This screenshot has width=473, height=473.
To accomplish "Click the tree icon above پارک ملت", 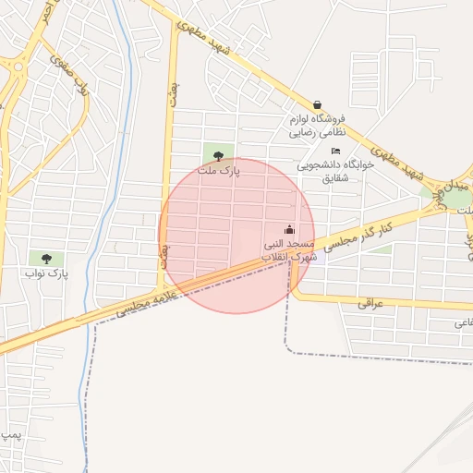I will pyautogui.click(x=218, y=156).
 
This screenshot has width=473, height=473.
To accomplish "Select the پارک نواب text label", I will pyautogui.click(x=47, y=273).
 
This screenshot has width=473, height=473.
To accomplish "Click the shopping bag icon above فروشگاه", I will pyautogui.click(x=318, y=105).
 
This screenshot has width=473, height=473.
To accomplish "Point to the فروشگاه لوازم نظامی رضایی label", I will pyautogui.click(x=316, y=126).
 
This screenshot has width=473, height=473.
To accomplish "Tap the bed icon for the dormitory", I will pyautogui.click(x=335, y=151).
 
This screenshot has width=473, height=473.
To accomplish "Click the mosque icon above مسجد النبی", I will pyautogui.click(x=289, y=230).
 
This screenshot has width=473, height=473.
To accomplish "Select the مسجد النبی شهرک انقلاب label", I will pyautogui.click(x=290, y=249).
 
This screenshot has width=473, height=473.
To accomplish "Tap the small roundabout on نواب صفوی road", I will pyautogui.click(x=16, y=65).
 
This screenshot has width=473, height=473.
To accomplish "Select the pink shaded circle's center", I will pyautogui.click(x=236, y=236).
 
